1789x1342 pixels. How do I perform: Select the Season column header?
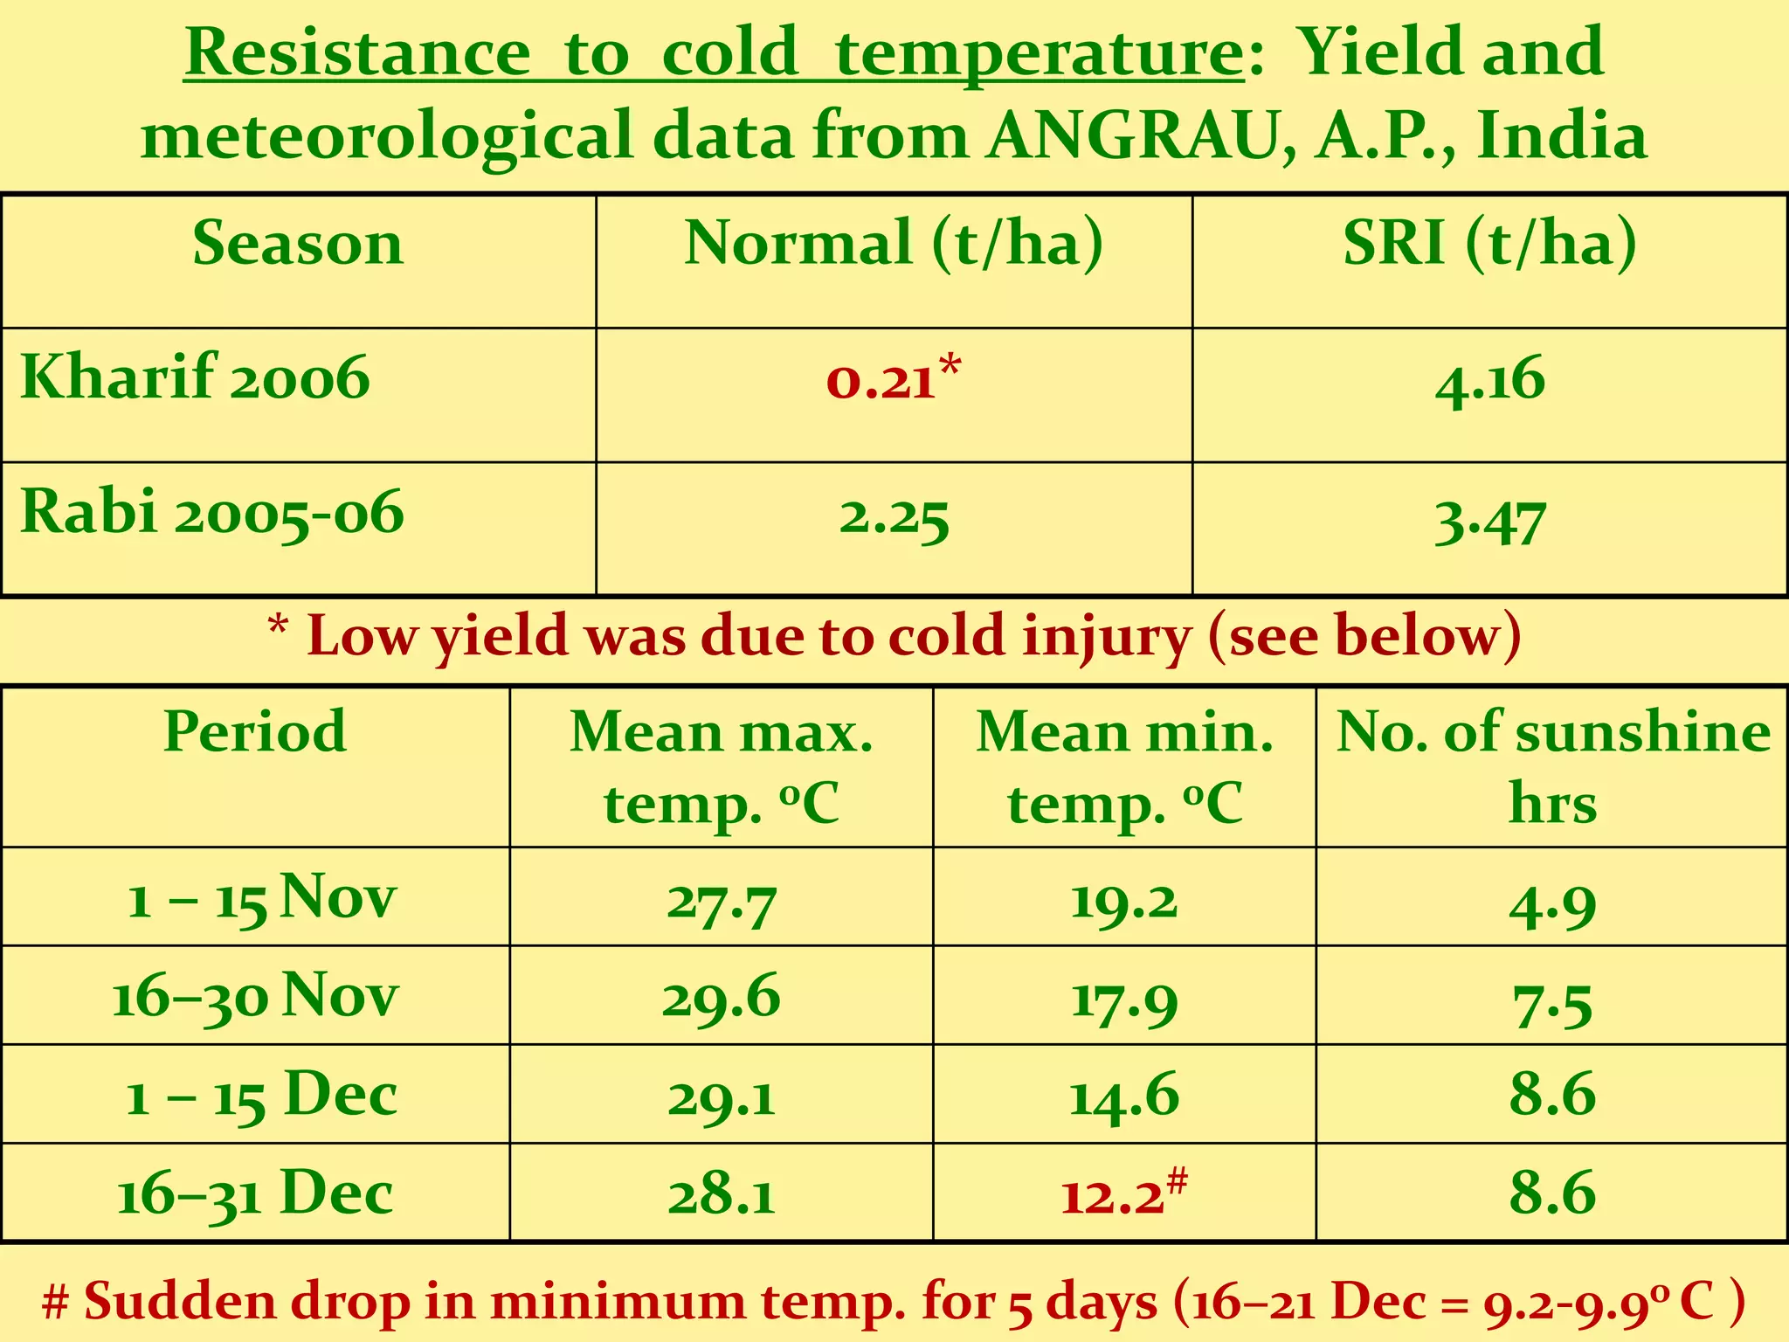298,243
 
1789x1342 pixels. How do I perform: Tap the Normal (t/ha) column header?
894,243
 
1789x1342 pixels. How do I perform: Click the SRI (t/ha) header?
1489,243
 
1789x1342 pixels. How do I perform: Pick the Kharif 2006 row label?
195,377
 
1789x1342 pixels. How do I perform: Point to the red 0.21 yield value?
882,381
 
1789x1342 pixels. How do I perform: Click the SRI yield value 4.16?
1490,381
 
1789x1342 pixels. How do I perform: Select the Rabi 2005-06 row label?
212,512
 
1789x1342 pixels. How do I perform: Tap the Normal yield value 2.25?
894,517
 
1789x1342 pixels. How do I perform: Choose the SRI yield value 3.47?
1490,521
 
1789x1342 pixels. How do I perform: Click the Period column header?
255,731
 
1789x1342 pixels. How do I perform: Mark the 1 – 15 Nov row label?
261,898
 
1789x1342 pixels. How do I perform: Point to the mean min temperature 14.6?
1124,1096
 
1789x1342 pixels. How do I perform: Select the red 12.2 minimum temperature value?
1114,1195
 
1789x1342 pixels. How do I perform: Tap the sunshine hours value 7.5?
1552,1004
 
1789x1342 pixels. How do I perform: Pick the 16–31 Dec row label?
255,1195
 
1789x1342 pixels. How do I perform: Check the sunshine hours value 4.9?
1552,905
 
